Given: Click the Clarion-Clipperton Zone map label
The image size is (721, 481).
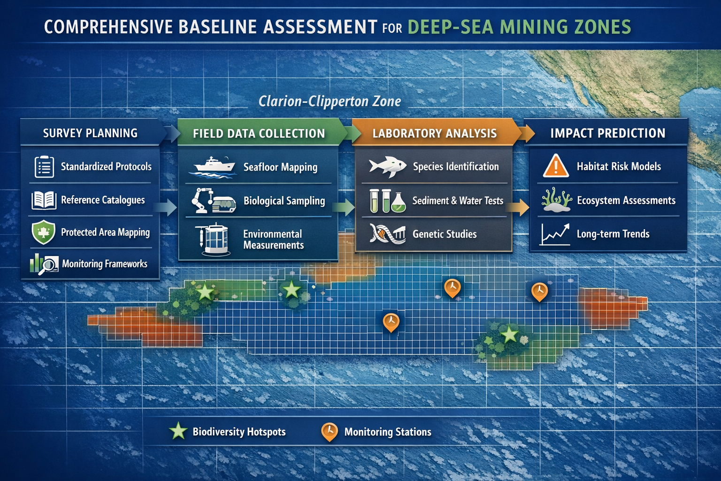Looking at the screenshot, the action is coord(330,101).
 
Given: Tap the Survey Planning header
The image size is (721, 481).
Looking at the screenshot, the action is coord(90,133).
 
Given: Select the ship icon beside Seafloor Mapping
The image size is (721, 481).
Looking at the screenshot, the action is coord(214,167).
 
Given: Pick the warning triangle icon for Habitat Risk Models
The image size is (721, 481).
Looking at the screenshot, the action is coord(556,166).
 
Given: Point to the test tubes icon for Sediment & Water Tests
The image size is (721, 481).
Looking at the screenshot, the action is coord(387,201).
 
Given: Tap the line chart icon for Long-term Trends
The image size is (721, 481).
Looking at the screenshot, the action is coord(555,234).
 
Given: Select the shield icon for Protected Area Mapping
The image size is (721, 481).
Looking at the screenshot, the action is coord(43,233).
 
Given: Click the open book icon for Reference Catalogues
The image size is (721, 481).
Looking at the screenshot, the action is coord(44,200).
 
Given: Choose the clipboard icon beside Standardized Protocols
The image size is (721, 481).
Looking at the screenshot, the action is coord(44,167).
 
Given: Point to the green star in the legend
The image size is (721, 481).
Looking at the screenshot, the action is coord(178,431).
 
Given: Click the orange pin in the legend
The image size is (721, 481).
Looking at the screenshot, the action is coord(330,431).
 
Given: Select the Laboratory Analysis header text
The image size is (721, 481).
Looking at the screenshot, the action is coord(434,133).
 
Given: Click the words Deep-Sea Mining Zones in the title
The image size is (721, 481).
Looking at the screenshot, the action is coord(519,27).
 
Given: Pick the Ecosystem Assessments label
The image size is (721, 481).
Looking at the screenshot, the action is coord(626,201).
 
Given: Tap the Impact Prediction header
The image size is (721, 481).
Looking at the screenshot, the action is coord(607,133).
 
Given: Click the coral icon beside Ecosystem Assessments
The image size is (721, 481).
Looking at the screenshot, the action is coord(556,201).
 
